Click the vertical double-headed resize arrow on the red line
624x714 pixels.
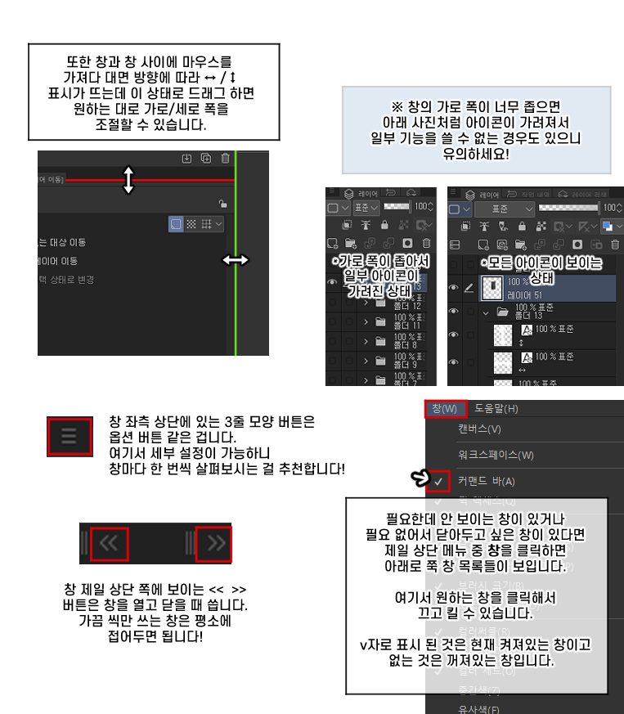point(128,179)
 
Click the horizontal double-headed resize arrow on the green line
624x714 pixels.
point(236,260)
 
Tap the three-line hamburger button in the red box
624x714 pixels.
point(69,434)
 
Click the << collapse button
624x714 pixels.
point(110,542)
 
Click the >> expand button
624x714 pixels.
point(214,542)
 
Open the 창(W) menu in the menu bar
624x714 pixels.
point(445,409)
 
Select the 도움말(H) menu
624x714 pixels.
point(496,409)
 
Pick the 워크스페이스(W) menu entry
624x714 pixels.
point(496,455)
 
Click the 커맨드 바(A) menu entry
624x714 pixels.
point(486,481)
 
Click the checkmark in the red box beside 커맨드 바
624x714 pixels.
point(438,482)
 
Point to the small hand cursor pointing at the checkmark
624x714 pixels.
point(420,477)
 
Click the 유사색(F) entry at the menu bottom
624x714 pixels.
point(478,708)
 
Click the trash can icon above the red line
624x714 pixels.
point(225,159)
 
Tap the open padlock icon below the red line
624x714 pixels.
point(222,204)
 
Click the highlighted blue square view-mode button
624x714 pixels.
point(176,223)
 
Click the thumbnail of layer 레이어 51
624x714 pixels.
point(492,286)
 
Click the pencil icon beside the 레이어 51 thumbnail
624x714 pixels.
point(469,288)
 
